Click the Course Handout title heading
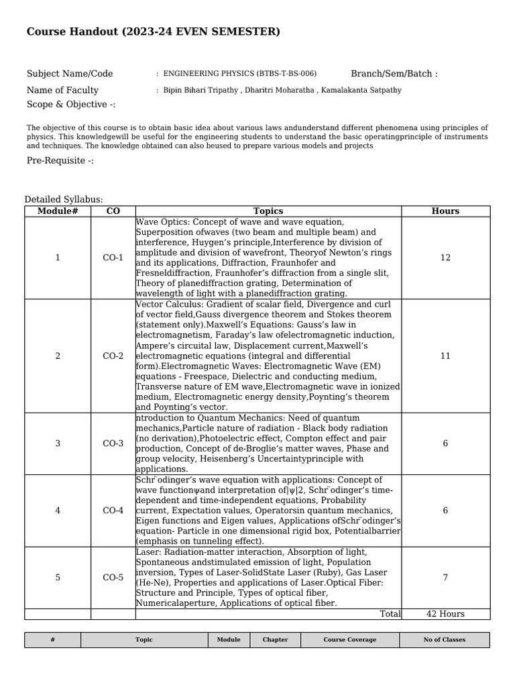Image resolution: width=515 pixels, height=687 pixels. click(153, 32)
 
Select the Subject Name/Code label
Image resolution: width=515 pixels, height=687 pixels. click(70, 74)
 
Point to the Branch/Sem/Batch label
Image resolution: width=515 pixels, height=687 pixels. click(394, 74)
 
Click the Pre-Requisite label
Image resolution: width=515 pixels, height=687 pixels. click(60, 160)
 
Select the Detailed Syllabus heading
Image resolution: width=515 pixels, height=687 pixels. click(64, 199)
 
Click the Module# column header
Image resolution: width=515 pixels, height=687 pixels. click(58, 211)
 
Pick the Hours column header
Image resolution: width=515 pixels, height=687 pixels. click(445, 211)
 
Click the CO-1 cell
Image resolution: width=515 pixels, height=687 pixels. click(113, 258)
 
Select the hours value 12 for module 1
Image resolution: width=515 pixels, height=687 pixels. click(445, 258)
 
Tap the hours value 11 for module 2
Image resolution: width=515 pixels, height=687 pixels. click(445, 356)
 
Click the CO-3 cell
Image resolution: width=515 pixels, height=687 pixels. click(113, 443)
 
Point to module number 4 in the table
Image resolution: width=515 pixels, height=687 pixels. click(58, 511)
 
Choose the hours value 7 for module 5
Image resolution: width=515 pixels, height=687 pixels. click(445, 578)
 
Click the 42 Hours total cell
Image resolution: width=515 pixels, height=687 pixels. click(445, 614)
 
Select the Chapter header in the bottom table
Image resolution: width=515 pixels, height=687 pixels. click(275, 640)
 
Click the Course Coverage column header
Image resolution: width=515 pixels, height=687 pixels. click(350, 640)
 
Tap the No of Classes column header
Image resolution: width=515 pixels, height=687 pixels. click(444, 640)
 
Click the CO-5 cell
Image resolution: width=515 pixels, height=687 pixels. click(113, 578)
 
